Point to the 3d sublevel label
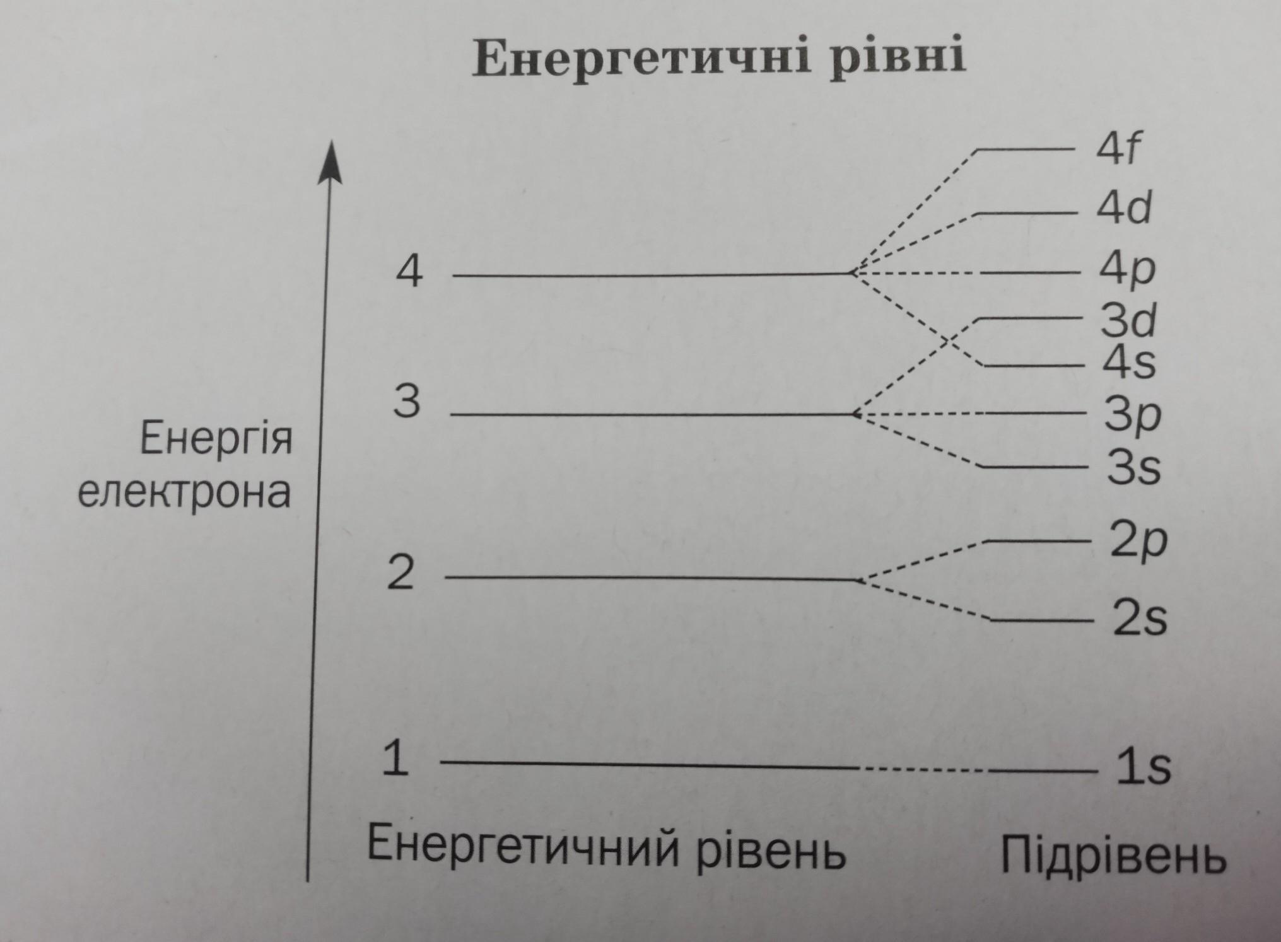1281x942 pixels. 1128,320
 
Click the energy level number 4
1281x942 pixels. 409,272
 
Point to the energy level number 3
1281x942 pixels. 406,401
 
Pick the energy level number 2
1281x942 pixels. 401,573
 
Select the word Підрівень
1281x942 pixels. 1113,856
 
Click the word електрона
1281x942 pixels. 184,493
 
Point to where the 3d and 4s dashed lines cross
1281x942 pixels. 948,342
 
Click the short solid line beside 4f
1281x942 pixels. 1026,150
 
